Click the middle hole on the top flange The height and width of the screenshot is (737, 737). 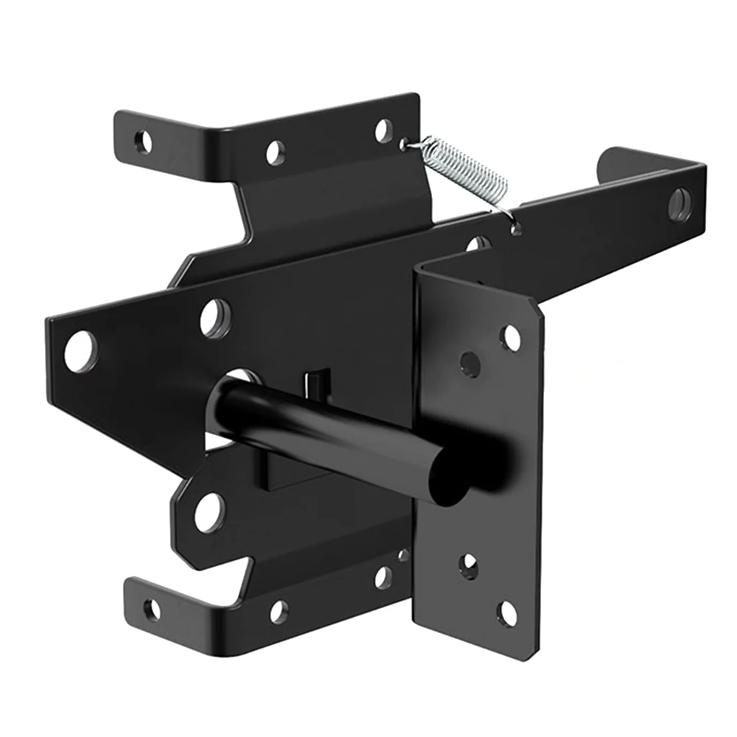pyautogui.click(x=275, y=152)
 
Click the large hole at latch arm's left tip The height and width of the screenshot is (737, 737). pyautogui.click(x=80, y=351)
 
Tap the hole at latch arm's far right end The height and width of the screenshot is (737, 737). pyautogui.click(x=680, y=204)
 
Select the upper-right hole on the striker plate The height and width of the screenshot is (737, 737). pyautogui.click(x=510, y=338)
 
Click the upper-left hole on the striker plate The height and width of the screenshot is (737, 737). pyautogui.click(x=470, y=363)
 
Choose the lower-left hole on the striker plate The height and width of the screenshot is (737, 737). pyautogui.click(x=468, y=565)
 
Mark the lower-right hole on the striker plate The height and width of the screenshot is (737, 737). pyautogui.click(x=507, y=613)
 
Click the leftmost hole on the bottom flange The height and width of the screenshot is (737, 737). pyautogui.click(x=151, y=609)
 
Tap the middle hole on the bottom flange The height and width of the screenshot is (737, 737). pyautogui.click(x=278, y=611)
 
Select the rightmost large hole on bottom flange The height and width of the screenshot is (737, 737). pyautogui.click(x=383, y=577)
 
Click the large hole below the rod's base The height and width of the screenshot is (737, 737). pyautogui.click(x=208, y=512)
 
